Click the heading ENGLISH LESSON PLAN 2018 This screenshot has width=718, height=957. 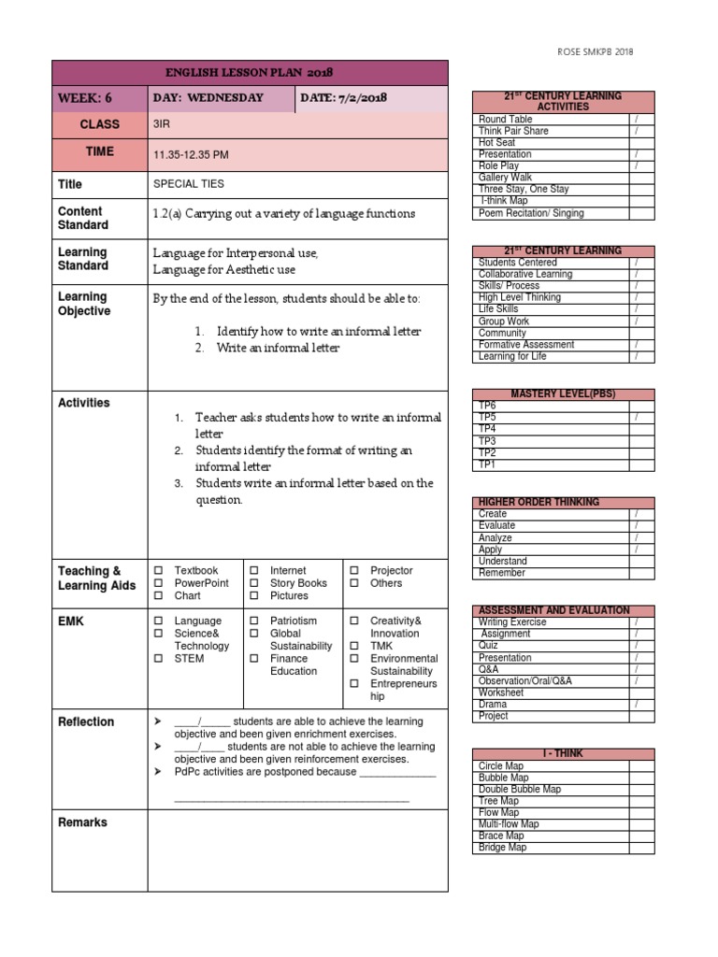(250, 73)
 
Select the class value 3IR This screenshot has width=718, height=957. (163, 123)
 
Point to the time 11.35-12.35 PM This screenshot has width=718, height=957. (191, 153)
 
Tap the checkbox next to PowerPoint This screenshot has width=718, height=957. (158, 583)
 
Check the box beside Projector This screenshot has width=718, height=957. (354, 570)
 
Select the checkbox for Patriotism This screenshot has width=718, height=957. (254, 621)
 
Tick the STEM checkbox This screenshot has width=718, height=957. (158, 659)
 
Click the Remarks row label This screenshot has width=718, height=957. (82, 822)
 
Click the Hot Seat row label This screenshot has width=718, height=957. (496, 143)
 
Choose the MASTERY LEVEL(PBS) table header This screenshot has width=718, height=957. (563, 394)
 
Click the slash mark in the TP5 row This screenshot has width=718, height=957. (636, 418)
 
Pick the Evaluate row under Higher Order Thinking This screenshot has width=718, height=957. (496, 526)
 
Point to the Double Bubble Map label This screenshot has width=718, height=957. (520, 790)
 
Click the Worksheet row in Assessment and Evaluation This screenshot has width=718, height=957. (501, 693)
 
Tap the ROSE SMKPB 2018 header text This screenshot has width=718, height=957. (594, 52)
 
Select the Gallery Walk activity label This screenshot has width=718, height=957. (505, 178)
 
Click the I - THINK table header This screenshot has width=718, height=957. (563, 754)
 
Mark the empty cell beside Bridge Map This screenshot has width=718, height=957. (641, 848)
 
